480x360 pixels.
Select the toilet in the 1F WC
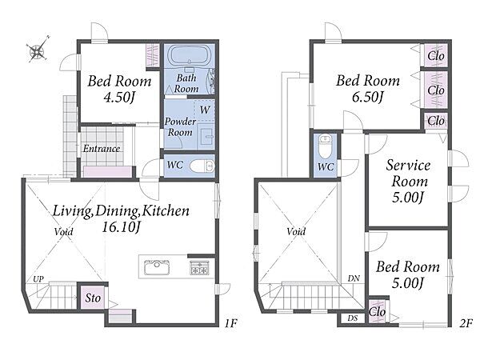pos(202,167)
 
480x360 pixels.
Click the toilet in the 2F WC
pos(325,146)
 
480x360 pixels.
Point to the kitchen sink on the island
pos(157,267)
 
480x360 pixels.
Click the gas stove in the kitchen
pos(199,267)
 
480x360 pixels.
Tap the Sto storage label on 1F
pos(93,298)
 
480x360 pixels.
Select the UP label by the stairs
pos(38,279)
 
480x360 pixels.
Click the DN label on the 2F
pos(354,278)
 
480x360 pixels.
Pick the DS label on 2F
pos(352,318)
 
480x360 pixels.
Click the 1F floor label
pos(231,323)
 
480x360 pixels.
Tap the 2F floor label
pos(466,323)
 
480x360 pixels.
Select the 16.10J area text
pos(121,227)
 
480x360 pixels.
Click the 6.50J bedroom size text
pos(368,97)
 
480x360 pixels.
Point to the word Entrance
pos(102,149)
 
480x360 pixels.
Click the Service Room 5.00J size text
pos(408,197)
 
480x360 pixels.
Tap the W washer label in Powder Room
pos(205,110)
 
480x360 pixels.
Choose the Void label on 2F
pos(296,231)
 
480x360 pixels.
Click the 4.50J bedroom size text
pos(119,97)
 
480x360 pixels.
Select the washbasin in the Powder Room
pos(206,135)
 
